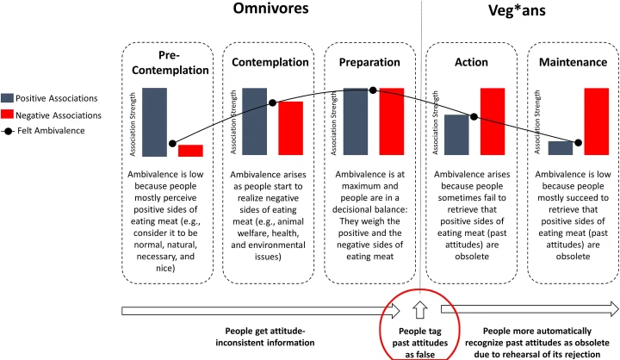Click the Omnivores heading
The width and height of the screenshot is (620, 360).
[271, 9]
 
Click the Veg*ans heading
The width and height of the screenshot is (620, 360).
[517, 10]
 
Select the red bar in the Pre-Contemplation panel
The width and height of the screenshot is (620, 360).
[190, 151]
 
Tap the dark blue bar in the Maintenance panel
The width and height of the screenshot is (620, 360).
[561, 148]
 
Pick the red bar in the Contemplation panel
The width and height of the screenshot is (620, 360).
[291, 128]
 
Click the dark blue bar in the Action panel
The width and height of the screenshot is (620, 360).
[456, 135]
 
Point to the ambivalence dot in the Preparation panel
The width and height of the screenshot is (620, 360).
[373, 90]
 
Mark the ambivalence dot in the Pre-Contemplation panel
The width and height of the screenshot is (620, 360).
[172, 143]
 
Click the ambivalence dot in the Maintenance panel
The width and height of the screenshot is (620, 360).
[578, 142]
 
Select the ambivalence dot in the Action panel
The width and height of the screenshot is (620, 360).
[474, 117]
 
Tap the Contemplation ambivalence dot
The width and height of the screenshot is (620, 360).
[272, 102]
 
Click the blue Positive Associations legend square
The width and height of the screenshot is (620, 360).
[7, 98]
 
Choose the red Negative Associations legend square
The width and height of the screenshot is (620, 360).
[7, 115]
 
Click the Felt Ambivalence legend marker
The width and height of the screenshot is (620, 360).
[8, 131]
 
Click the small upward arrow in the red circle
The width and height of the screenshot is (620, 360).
[420, 310]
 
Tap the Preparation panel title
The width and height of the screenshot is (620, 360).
[369, 62]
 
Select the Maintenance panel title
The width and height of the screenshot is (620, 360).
[573, 62]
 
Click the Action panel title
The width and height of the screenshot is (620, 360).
[471, 62]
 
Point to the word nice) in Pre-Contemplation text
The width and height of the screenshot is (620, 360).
[165, 268]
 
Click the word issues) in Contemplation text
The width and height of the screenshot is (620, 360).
[268, 257]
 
